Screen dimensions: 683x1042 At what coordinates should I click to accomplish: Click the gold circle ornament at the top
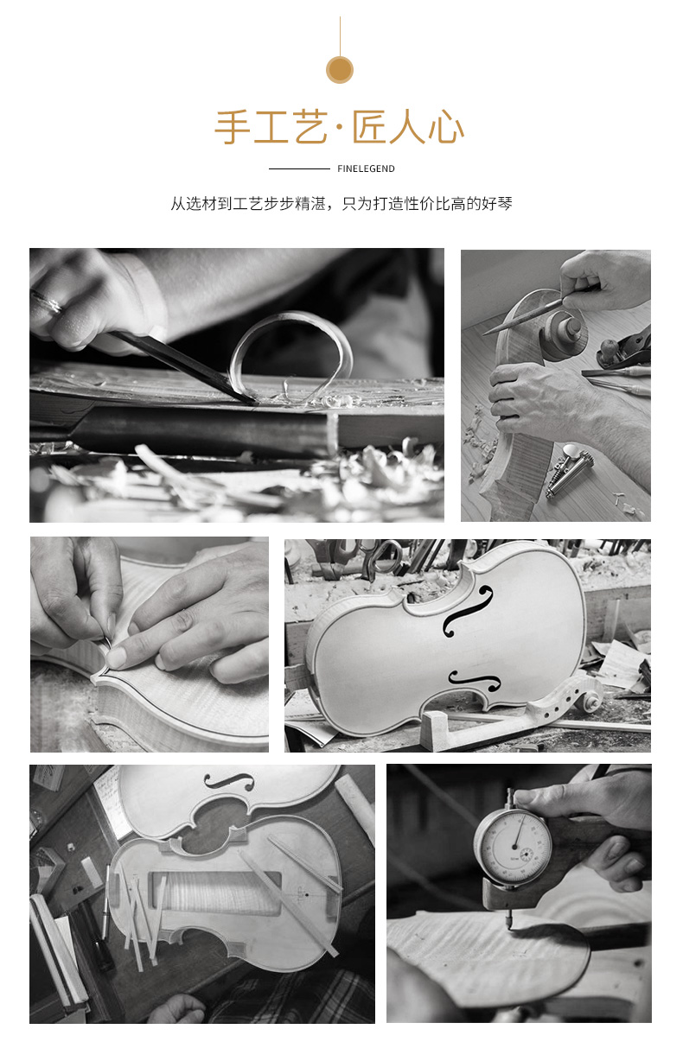coord(340,70)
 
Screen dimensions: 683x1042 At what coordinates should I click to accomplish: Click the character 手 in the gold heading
coord(232,127)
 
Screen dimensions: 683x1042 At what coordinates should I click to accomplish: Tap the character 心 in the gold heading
coord(446,127)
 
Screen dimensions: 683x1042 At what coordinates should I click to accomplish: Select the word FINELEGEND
coord(366,168)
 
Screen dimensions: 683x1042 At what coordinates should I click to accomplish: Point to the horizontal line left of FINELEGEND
coord(299,168)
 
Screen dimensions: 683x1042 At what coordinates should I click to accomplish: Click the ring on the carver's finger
coord(48,301)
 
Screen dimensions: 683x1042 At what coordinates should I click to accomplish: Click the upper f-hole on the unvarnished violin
coord(468,609)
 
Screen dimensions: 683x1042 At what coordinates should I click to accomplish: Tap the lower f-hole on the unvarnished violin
coord(475,680)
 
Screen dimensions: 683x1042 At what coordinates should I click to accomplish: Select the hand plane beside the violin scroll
coord(624,349)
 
